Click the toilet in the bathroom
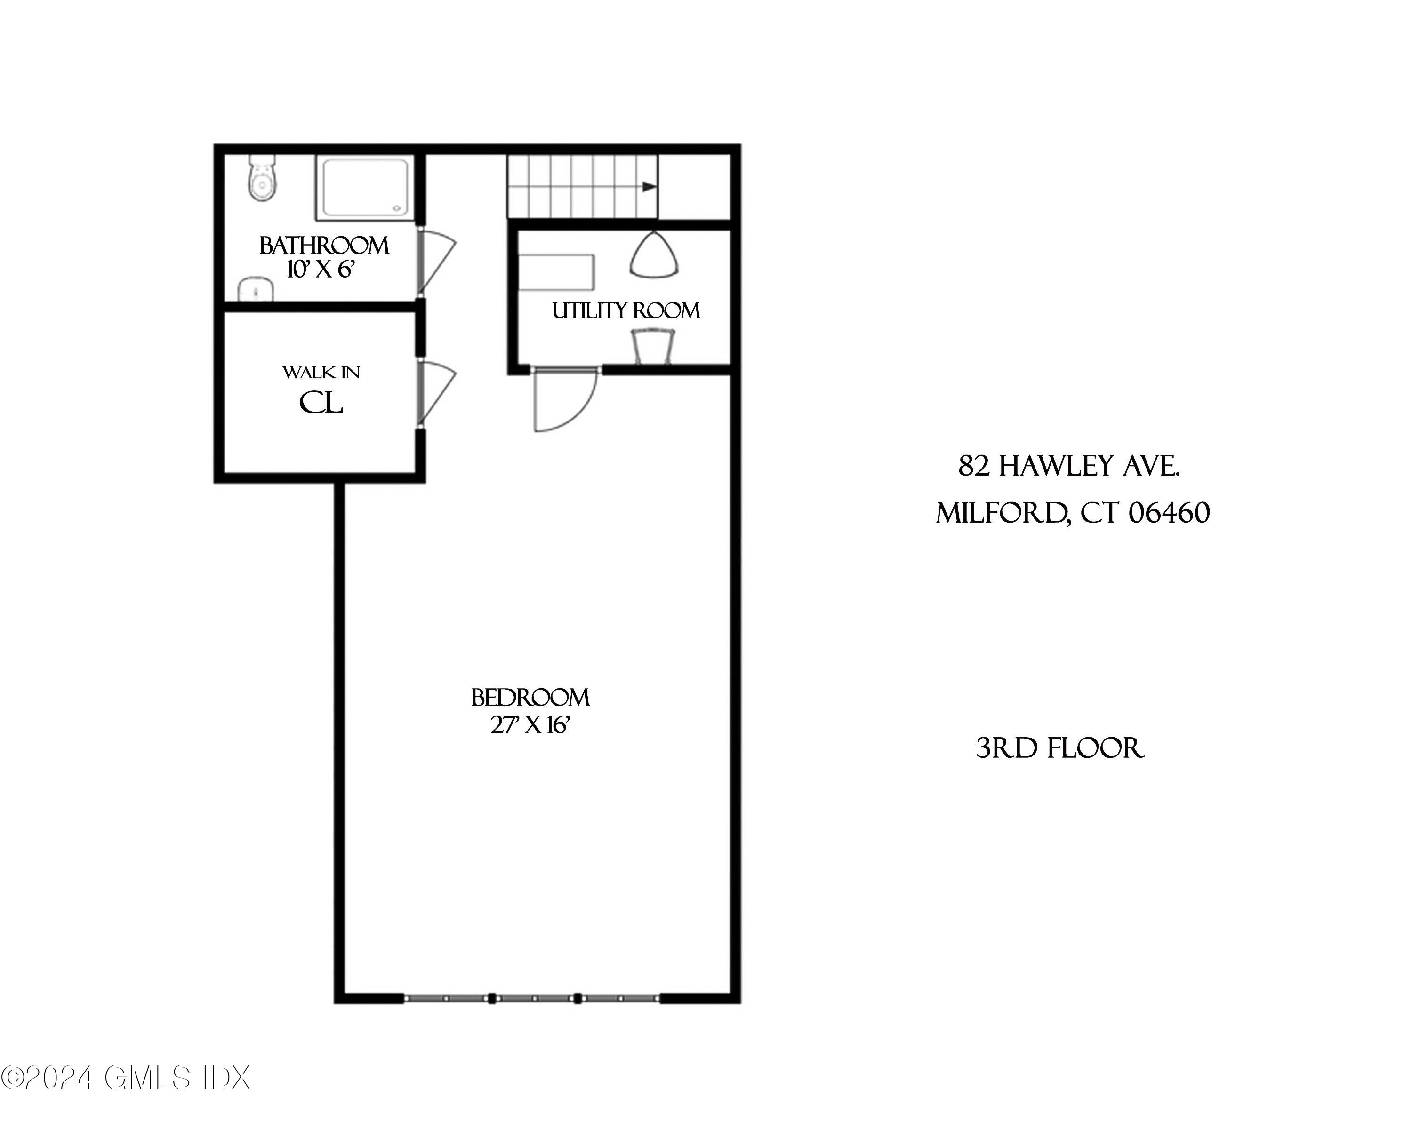[263, 179]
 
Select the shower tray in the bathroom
[365, 187]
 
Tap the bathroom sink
[256, 290]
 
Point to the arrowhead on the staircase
[649, 187]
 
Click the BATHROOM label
[324, 246]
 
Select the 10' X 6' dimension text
[321, 270]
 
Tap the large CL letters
[321, 403]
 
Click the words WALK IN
[321, 373]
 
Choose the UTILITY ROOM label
[626, 311]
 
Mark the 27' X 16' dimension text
[530, 725]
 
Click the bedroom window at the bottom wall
[532, 999]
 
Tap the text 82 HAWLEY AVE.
[1069, 467]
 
